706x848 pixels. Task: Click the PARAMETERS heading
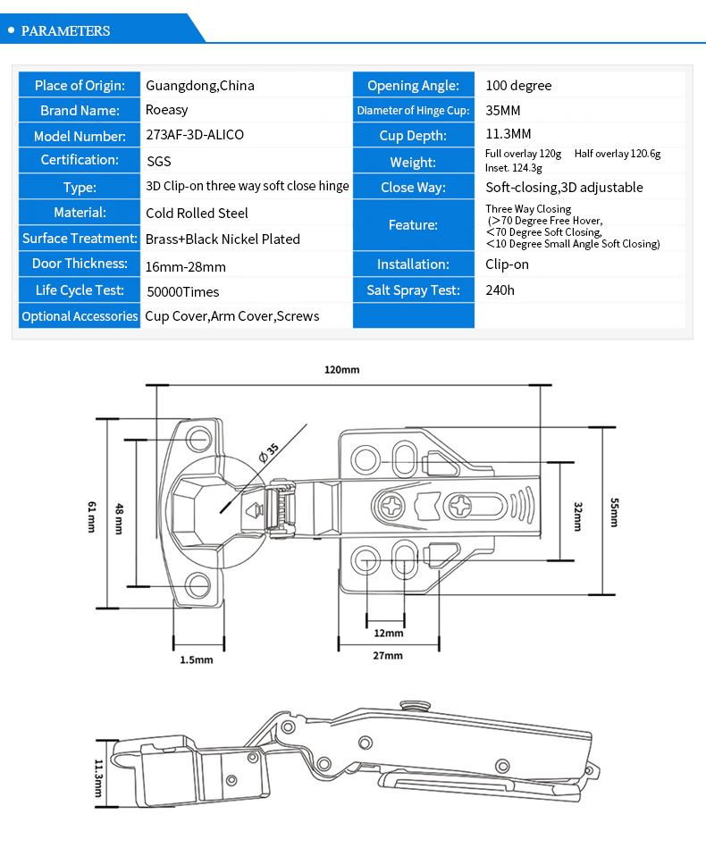click(x=65, y=30)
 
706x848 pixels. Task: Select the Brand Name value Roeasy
click(x=166, y=110)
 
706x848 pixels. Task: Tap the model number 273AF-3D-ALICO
click(x=195, y=135)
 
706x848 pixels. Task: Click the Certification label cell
click(x=80, y=160)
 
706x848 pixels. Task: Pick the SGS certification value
click(x=159, y=161)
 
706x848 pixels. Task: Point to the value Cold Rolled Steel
click(x=197, y=213)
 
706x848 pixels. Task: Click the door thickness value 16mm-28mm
click(x=186, y=266)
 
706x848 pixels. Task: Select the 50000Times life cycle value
click(x=183, y=292)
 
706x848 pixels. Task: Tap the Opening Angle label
click(x=413, y=86)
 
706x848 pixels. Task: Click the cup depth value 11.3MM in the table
click(x=508, y=133)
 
